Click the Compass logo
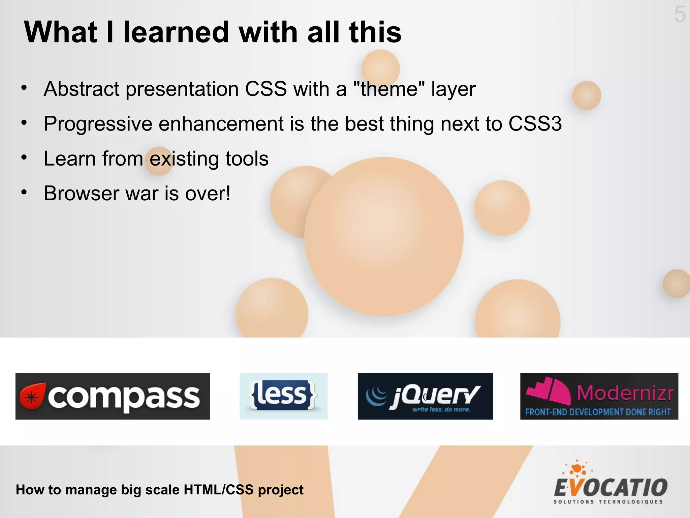(113, 396)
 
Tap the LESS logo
(283, 396)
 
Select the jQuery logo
(425, 396)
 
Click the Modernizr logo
(599, 396)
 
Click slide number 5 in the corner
(680, 15)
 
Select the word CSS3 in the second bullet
(535, 124)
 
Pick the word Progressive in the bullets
(98, 124)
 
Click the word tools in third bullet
(247, 159)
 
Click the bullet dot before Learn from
(24, 157)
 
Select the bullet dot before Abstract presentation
(24, 88)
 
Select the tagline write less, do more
(441, 410)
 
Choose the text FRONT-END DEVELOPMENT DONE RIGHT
(598, 412)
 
